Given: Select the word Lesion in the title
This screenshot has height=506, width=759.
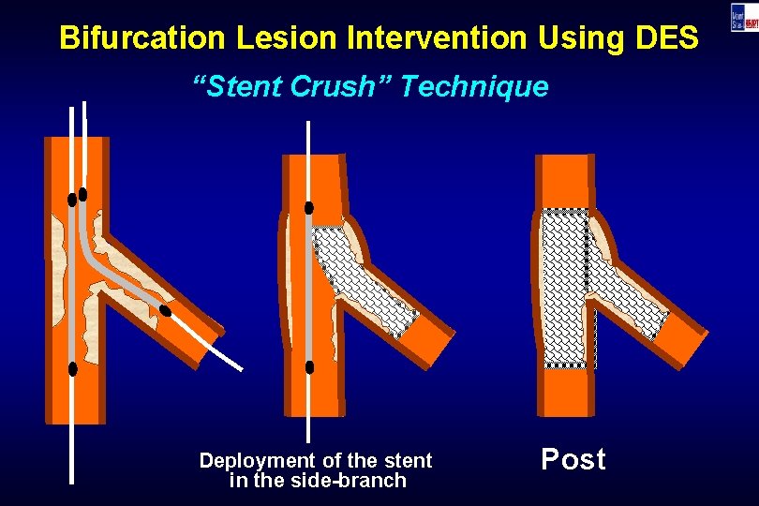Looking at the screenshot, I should [280, 38].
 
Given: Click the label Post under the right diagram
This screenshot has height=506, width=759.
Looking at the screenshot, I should [573, 460].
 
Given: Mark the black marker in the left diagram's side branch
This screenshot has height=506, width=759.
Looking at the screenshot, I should [166, 310].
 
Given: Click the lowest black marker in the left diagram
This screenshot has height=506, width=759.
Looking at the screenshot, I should [73, 369].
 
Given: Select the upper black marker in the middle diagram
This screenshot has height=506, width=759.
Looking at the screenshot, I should [308, 207].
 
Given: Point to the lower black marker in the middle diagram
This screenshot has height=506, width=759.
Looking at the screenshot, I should [309, 367].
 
